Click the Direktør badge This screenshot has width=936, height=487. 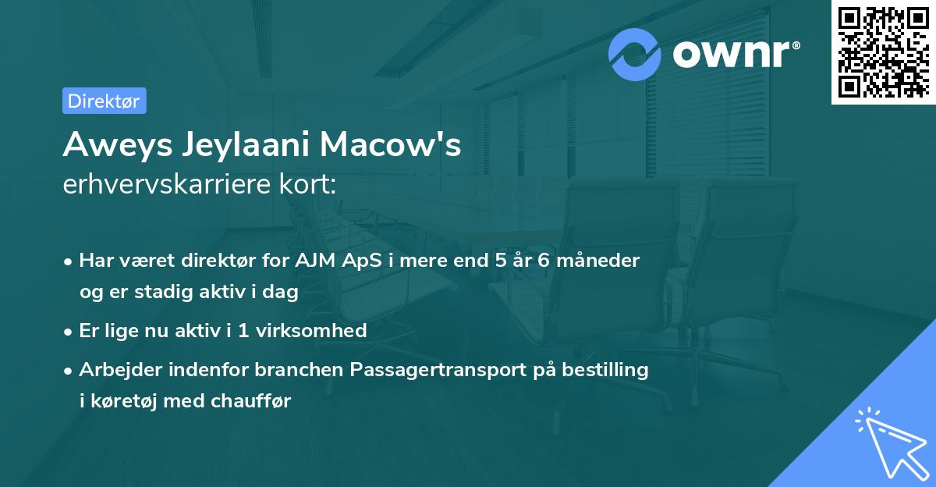(104, 101)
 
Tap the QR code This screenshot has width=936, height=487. (882, 52)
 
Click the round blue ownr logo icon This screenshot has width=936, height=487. (634, 54)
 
